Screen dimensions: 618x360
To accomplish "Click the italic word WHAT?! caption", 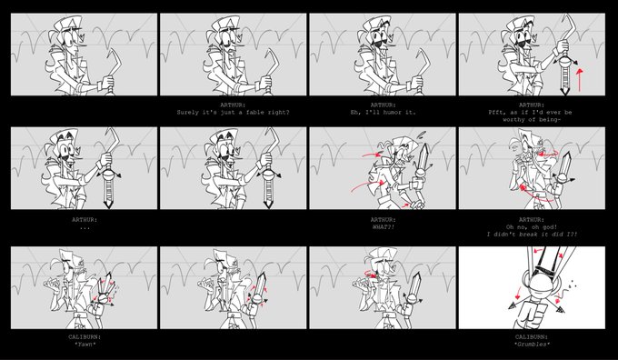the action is click(383, 227).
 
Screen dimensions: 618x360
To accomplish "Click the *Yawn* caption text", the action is click(85, 345).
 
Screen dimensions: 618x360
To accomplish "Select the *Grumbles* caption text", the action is click(532, 345).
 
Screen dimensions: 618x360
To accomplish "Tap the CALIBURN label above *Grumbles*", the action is click(532, 337).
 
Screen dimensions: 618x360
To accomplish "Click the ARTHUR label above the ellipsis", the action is click(85, 220).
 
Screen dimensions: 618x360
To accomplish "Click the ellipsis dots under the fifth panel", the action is click(85, 228).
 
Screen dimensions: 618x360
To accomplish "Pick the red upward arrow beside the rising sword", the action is click(579, 80).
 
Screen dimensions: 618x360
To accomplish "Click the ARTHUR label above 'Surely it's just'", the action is click(234, 105).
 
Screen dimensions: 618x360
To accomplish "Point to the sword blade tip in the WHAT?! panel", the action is click(425, 145).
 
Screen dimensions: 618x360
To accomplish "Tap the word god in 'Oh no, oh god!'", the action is click(550, 227).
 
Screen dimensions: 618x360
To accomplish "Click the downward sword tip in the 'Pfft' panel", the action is click(564, 93).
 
